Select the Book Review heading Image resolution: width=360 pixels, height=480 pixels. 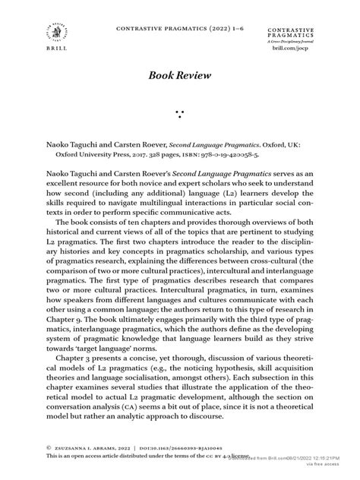(x=180, y=77)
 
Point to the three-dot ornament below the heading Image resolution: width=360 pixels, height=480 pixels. (x=180, y=115)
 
